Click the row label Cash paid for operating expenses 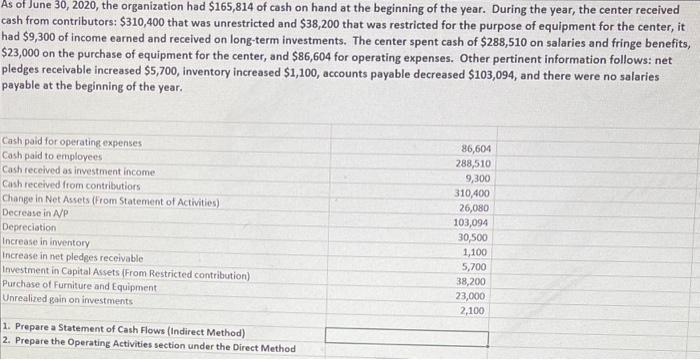click(72, 143)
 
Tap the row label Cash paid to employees click(52, 157)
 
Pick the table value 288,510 click(472, 163)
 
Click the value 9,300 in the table click(476, 178)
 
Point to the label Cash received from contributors click(71, 185)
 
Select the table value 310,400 click(472, 193)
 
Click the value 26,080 click(474, 208)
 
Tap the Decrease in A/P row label click(35, 214)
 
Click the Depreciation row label click(30, 228)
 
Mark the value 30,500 click(474, 238)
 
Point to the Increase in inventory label click(47, 243)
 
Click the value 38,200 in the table click(474, 282)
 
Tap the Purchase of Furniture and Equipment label click(80, 287)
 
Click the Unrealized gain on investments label click(68, 301)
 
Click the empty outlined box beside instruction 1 click(406, 337)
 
